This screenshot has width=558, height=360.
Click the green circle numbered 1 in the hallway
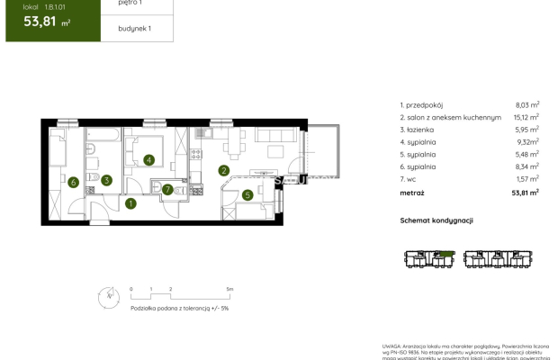130,203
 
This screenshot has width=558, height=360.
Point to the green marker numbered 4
148,160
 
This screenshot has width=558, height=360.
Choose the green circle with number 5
247,193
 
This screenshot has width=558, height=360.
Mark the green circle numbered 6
73,184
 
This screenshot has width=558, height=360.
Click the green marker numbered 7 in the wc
167,189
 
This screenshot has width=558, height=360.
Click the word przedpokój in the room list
425,105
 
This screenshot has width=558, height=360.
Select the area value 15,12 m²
526,118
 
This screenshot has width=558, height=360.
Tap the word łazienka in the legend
421,130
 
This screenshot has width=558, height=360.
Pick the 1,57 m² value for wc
526,179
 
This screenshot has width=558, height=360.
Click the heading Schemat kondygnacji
436,220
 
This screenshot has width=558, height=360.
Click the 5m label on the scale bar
230,290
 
